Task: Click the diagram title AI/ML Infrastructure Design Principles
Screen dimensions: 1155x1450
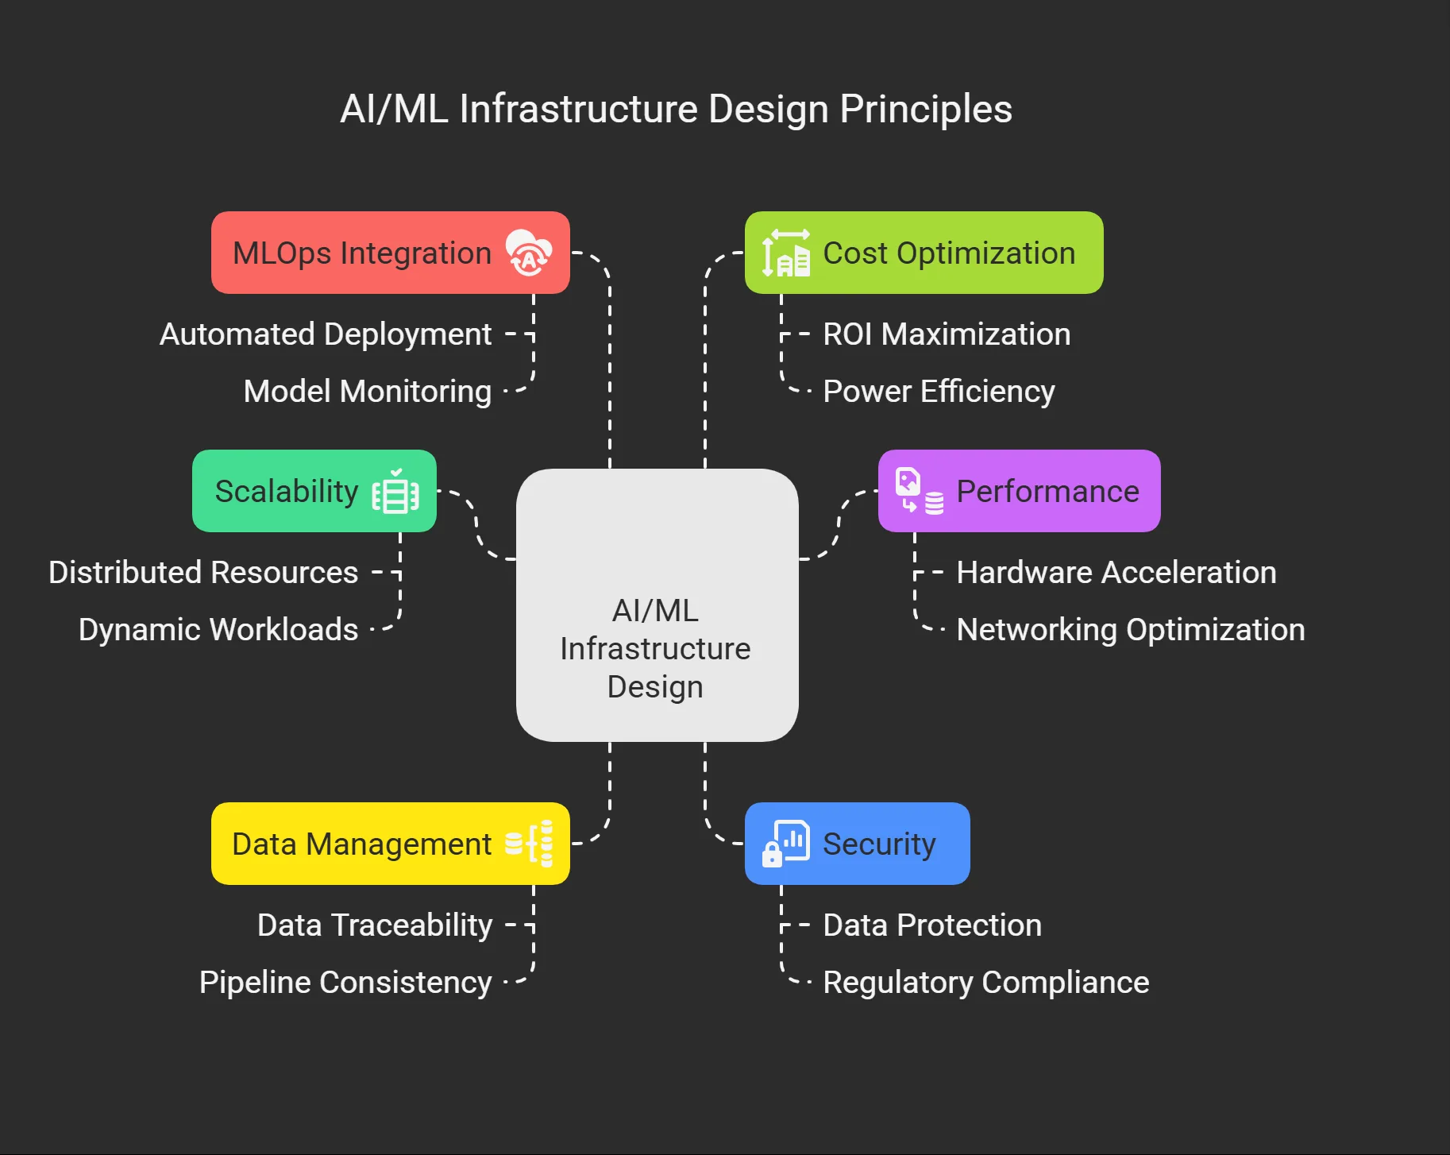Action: click(676, 109)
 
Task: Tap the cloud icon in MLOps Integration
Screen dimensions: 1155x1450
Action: click(529, 252)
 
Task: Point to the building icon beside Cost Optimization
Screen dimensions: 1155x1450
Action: click(786, 253)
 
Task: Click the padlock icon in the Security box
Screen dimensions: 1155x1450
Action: click(772, 855)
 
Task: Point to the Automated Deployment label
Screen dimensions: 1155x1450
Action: click(326, 334)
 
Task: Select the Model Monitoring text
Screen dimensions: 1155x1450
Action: click(368, 392)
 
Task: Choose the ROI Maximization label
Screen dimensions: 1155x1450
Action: click(947, 334)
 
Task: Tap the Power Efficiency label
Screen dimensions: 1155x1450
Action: click(939, 392)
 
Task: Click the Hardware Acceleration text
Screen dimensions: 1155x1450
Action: click(1116, 573)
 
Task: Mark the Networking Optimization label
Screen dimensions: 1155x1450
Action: click(1131, 630)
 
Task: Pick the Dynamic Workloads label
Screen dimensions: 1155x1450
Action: click(218, 630)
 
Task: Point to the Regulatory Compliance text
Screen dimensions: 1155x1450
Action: click(986, 983)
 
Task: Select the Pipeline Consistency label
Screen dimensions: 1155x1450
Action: click(345, 983)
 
